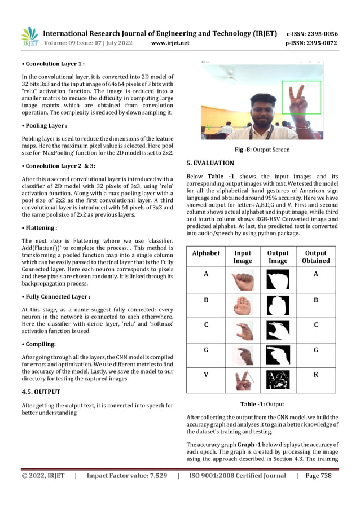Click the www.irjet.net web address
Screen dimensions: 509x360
click(170, 43)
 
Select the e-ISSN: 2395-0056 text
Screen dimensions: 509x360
click(312, 34)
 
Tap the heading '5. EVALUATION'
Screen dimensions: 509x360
click(210, 163)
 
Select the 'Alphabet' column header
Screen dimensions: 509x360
click(206, 253)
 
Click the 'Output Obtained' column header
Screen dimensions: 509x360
click(316, 257)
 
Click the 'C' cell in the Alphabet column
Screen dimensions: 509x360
click(206, 325)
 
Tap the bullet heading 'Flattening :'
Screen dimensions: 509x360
click(39, 228)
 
